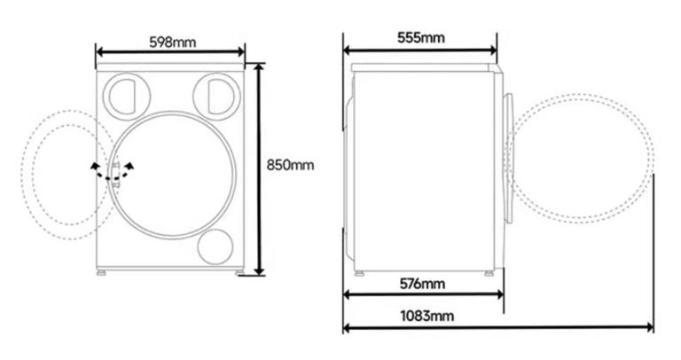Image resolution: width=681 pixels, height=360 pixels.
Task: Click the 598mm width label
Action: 172,43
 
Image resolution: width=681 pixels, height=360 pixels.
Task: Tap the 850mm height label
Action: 290,165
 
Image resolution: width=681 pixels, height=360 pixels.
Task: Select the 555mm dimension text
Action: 421,38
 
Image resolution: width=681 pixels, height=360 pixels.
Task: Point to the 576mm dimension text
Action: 422,284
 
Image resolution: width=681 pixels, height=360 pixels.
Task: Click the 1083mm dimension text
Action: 427,316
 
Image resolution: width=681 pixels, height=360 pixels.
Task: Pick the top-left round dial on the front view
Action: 127,96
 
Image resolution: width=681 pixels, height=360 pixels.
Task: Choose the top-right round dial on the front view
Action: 216,96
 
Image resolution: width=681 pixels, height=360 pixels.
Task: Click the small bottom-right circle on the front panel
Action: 215,247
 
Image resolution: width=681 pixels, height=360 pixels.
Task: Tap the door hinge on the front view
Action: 116,174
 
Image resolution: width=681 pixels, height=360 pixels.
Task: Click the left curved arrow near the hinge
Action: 99,170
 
